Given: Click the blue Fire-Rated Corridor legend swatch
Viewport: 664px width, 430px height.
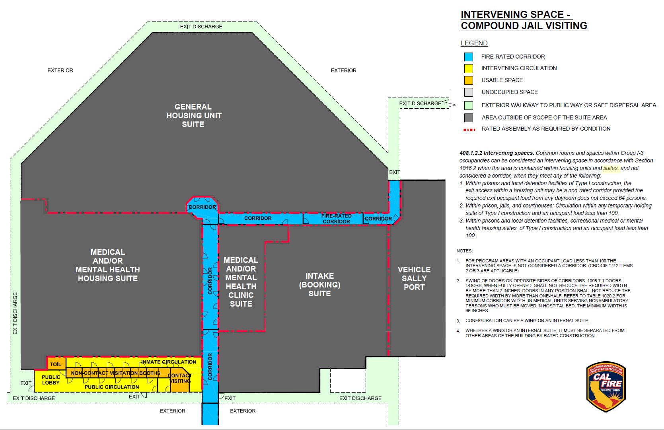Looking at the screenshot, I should [469, 57].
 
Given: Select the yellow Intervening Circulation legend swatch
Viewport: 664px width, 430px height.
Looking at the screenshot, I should [469, 68].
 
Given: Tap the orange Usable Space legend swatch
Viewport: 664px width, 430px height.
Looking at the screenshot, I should [469, 80].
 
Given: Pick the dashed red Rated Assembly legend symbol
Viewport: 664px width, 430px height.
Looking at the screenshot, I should [469, 129].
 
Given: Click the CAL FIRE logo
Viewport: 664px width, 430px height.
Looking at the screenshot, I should [606, 386].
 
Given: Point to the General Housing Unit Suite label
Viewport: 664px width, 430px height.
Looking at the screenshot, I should [193, 115].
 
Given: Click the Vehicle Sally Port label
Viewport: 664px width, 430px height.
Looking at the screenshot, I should [414, 278].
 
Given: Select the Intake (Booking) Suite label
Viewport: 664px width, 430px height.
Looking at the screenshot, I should [319, 285].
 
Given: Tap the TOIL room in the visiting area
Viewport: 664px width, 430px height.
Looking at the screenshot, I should [56, 364].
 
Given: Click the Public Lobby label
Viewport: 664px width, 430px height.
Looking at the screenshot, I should [51, 380].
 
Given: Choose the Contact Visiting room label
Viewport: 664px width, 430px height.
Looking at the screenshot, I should [180, 378].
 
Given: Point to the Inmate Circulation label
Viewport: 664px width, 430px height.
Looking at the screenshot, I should [169, 362].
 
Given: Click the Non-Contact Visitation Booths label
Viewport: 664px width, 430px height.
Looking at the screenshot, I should [115, 373].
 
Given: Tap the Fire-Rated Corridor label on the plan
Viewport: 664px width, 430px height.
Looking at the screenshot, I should [336, 219].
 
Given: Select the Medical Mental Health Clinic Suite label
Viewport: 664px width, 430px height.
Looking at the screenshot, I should [241, 281].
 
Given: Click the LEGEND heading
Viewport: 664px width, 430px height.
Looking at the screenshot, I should [474, 43].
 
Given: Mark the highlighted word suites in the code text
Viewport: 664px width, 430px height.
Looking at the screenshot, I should [611, 168].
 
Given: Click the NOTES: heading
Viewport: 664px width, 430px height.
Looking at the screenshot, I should [464, 251].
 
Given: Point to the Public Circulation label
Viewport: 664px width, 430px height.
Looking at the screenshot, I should [112, 387].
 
